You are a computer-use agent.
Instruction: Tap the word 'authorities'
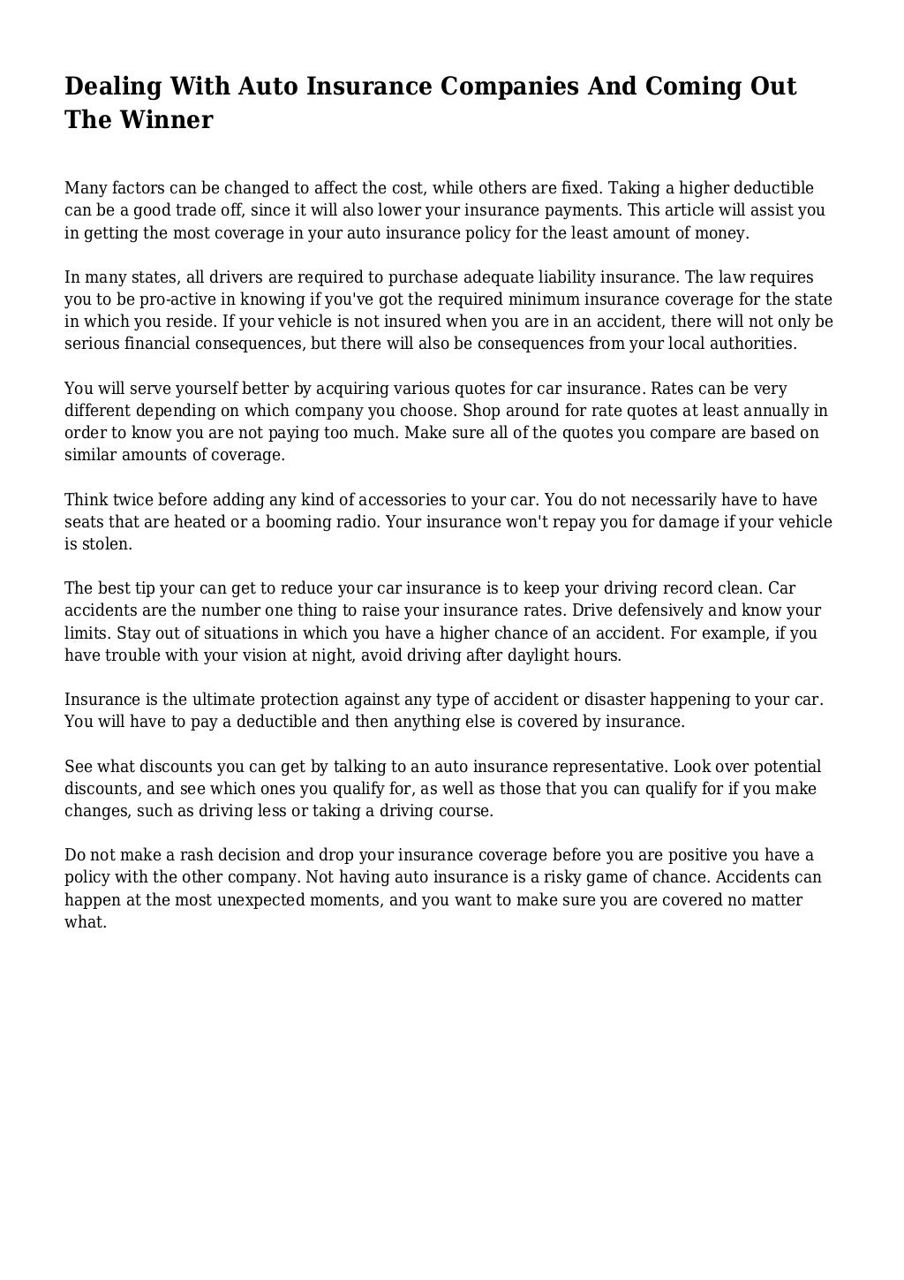(x=751, y=344)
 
